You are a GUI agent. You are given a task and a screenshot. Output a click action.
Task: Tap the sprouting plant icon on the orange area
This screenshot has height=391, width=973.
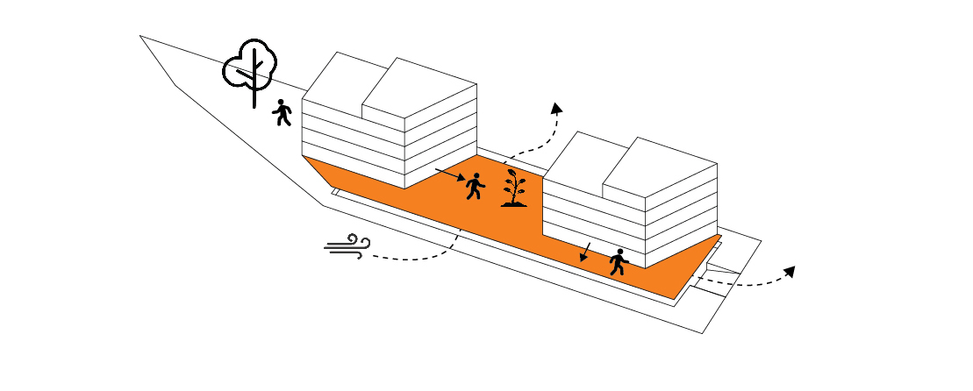514,188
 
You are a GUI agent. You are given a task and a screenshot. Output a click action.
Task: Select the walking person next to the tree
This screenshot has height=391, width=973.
282,112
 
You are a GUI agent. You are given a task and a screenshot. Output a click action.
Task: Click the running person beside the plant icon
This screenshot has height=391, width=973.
475,186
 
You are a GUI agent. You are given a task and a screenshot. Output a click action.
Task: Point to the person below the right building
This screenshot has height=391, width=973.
619,262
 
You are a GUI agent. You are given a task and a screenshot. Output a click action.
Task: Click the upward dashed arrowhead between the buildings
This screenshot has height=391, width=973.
555,108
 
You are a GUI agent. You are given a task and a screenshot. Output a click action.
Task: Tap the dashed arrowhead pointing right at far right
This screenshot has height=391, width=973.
789,272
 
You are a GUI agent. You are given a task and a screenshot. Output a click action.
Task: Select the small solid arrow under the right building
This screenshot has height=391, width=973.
584,252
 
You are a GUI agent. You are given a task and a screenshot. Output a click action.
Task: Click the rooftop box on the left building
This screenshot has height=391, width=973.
419,88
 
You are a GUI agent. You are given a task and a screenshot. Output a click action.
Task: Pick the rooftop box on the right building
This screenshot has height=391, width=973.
660,167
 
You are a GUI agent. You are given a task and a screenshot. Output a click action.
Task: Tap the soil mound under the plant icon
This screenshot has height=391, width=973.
514,204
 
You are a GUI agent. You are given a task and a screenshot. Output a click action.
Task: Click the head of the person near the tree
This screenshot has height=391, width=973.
282,103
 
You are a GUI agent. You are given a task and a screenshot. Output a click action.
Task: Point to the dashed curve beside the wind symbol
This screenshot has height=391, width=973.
412,257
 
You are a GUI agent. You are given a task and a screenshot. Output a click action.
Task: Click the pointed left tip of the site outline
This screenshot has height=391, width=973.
140,36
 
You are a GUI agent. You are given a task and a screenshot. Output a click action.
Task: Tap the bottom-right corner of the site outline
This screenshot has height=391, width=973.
703,333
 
